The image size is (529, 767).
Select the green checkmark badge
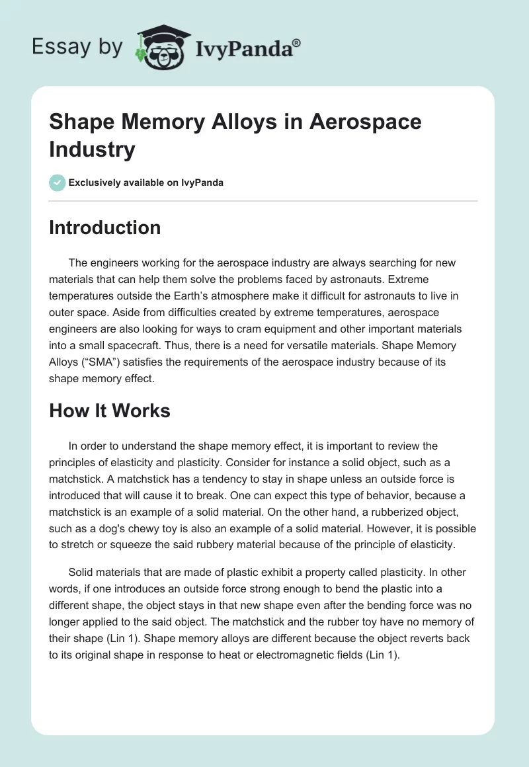coord(58,182)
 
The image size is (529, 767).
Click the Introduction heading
coord(105,227)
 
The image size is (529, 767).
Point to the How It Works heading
coord(110,411)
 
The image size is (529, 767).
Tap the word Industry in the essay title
coord(92,149)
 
